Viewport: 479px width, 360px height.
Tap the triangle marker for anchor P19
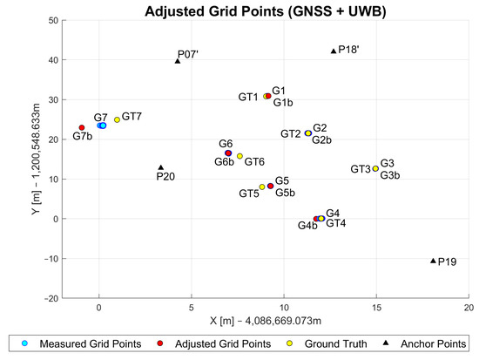click(433, 261)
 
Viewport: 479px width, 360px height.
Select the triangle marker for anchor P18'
click(334, 51)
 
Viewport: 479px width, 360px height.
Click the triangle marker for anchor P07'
click(178, 60)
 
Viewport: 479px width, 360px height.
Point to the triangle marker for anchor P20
click(160, 167)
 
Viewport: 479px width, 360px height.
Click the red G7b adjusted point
click(82, 128)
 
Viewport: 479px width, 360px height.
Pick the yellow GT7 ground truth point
click(117, 119)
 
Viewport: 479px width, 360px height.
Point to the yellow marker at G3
click(375, 169)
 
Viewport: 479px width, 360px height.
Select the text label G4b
click(307, 227)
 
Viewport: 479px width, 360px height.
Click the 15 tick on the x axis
click(376, 309)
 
